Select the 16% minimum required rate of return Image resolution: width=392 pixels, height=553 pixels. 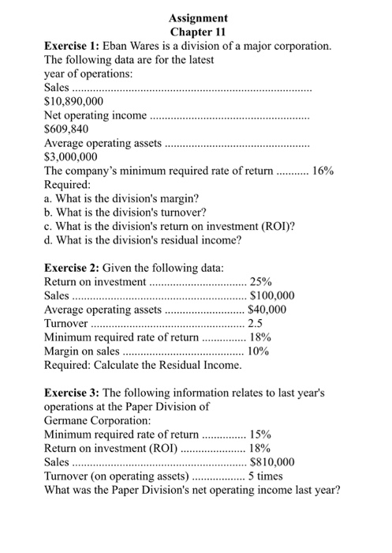323,171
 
